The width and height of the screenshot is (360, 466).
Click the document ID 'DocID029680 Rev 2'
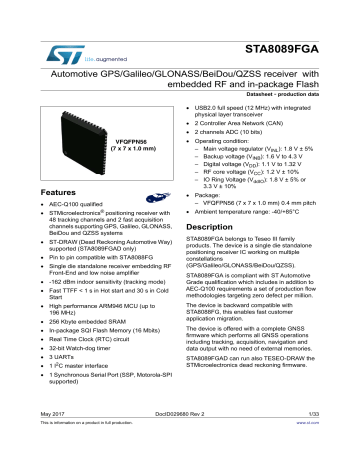[x=180, y=440]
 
